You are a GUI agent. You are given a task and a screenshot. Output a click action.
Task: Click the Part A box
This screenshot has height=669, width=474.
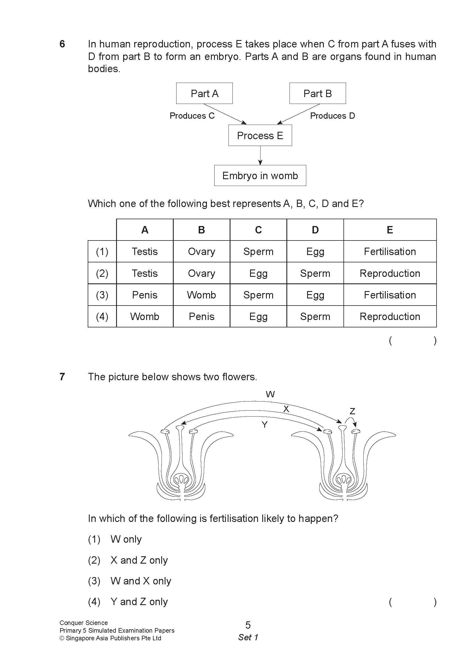(204, 93)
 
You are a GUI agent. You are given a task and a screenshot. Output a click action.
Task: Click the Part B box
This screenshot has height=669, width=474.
(318, 93)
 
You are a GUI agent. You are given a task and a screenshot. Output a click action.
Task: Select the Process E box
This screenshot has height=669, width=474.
(260, 135)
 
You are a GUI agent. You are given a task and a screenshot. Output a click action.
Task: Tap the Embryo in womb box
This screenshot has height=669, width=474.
(260, 175)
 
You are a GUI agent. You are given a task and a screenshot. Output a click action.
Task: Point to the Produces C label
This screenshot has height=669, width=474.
(192, 116)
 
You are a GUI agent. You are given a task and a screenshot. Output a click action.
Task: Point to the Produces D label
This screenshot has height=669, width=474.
(332, 116)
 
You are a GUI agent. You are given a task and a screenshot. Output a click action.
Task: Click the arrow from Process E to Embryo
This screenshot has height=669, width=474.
(260, 155)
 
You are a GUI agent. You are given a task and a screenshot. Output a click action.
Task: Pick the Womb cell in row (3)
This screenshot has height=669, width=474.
(202, 295)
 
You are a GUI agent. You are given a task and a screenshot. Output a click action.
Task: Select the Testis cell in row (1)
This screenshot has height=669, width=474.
(144, 251)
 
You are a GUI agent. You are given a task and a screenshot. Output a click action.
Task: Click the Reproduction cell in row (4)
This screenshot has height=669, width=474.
(390, 317)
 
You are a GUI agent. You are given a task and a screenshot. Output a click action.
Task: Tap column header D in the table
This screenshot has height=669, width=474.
(315, 230)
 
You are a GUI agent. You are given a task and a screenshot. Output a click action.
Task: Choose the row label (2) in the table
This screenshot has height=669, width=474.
(102, 273)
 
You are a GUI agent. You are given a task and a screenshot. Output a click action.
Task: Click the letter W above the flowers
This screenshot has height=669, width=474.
(270, 394)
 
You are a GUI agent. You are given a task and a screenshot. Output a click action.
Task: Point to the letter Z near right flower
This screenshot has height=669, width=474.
(352, 411)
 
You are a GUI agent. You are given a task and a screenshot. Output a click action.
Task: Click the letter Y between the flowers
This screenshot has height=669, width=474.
(265, 425)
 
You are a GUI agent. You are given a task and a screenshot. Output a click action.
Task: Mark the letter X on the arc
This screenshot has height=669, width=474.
(286, 409)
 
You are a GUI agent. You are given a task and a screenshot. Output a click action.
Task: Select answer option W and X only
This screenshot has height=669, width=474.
(141, 581)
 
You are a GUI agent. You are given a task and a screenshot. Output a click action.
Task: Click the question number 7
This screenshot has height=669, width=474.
(62, 377)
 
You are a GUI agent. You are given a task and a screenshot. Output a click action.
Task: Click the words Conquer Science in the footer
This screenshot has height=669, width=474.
(83, 623)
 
